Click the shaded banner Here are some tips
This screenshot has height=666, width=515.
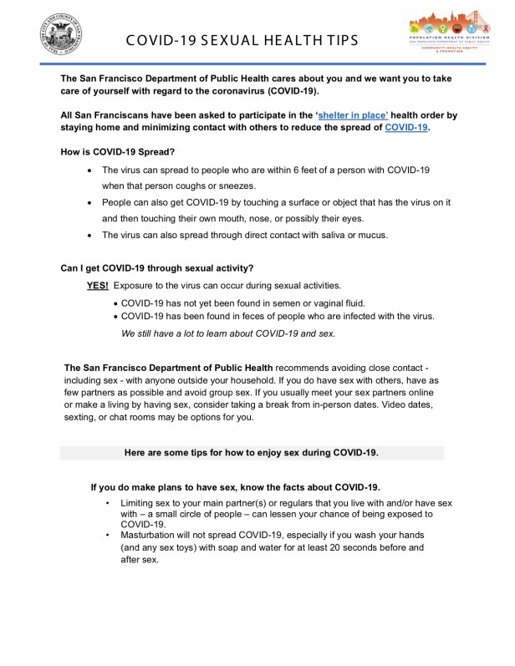252,452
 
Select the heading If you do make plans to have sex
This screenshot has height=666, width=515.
236,487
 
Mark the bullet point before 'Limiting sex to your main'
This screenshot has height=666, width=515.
107,503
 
